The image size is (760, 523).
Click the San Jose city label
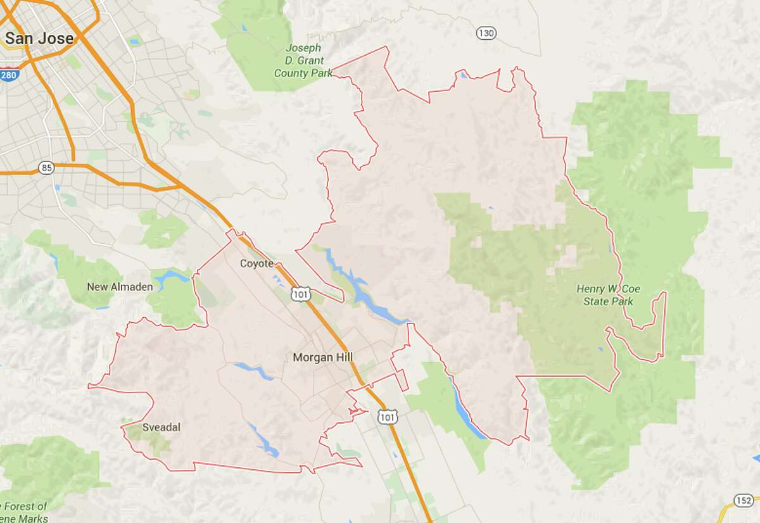pyautogui.click(x=39, y=38)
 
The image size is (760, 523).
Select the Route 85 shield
pyautogui.click(x=45, y=168)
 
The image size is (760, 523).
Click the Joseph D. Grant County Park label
pyautogui.click(x=303, y=61)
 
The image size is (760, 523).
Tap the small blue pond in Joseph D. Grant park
pyautogui.click(x=244, y=28)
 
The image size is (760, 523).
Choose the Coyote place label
pyautogui.click(x=256, y=263)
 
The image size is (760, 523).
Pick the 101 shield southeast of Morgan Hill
pyautogui.click(x=386, y=416)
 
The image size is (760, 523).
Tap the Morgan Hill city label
pyautogui.click(x=322, y=358)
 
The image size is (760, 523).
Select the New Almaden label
pyautogui.click(x=120, y=287)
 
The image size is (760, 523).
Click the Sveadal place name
pyautogui.click(x=161, y=427)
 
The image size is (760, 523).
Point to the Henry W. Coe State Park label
pyautogui.click(x=608, y=295)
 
